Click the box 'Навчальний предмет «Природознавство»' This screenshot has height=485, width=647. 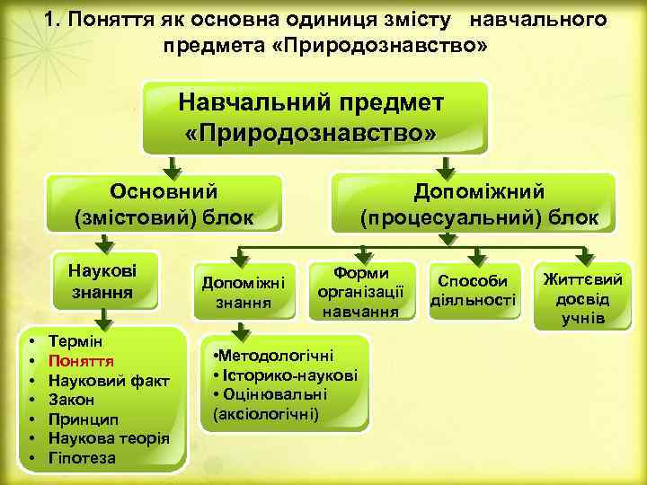pyautogui.click(x=315, y=117)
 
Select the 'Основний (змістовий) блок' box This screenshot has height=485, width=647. pyautogui.click(x=164, y=204)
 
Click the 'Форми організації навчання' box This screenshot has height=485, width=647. pyautogui.click(x=360, y=291)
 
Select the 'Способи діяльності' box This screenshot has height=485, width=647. pyautogui.click(x=474, y=290)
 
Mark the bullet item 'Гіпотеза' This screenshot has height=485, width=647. pyautogui.click(x=82, y=458)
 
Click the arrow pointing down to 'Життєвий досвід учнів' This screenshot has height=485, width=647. pyautogui.click(x=582, y=253)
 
